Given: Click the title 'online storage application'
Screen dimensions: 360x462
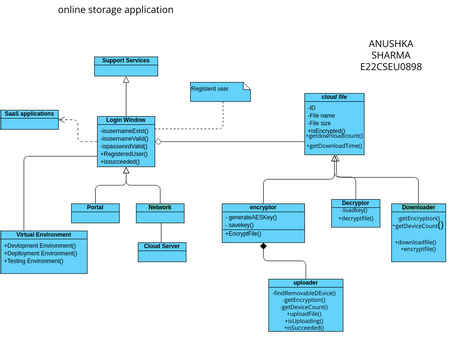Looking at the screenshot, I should [x=115, y=10].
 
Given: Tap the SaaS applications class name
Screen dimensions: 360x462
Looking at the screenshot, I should [x=29, y=114].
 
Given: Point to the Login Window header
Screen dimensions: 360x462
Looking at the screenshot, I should [x=127, y=120].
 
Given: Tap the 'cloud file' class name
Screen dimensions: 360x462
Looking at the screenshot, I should [x=335, y=97].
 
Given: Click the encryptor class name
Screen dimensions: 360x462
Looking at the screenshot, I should [x=263, y=208].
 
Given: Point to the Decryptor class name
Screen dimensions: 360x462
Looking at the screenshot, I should [x=355, y=203].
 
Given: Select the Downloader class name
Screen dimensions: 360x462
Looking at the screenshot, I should [x=418, y=208].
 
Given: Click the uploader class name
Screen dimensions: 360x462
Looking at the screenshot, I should [x=306, y=283].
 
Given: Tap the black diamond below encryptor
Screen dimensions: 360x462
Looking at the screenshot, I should [x=264, y=246].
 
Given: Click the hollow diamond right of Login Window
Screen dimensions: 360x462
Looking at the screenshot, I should [x=158, y=141].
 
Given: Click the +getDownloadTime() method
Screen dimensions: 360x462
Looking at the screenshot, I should [x=335, y=146].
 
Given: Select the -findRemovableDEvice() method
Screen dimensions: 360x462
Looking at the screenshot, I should [x=306, y=292].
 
